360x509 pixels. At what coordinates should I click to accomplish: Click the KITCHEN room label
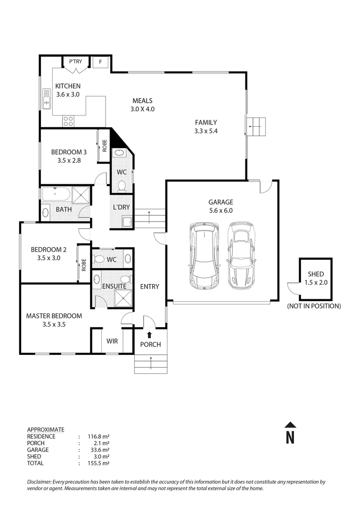(x=68, y=86)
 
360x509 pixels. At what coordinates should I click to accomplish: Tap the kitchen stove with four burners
(x=68, y=121)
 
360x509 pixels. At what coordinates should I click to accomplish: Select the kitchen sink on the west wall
(x=47, y=99)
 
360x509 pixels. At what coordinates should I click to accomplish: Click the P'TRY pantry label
(x=75, y=62)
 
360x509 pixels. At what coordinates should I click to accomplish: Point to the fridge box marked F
(x=100, y=62)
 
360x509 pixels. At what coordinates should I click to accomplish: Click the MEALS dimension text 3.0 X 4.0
(x=142, y=109)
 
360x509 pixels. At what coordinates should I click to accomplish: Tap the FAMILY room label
(x=206, y=123)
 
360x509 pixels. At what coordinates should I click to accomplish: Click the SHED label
(x=316, y=274)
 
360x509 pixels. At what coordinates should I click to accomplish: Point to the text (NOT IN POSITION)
(x=314, y=306)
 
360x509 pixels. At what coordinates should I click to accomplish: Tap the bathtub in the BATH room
(x=56, y=194)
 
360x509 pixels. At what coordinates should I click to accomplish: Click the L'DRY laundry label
(x=121, y=208)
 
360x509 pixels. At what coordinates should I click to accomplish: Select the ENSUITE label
(x=114, y=286)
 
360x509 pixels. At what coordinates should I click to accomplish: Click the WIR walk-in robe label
(x=112, y=341)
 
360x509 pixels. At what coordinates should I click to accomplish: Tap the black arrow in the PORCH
(x=150, y=335)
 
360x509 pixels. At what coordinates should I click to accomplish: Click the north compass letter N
(x=290, y=437)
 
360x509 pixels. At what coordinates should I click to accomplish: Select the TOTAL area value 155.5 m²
(x=98, y=463)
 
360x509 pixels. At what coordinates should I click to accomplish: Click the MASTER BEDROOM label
(x=54, y=316)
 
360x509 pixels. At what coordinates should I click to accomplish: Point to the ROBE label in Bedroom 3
(x=105, y=146)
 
